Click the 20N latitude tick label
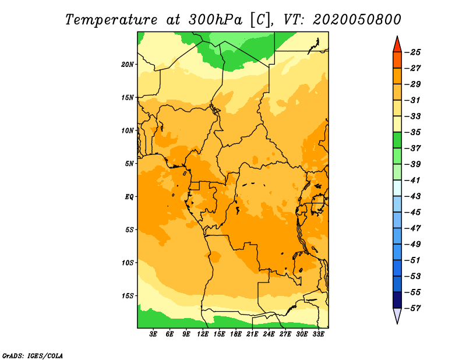(x=128, y=65)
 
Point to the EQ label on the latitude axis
(x=129, y=197)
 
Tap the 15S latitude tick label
(x=128, y=296)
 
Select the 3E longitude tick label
(x=153, y=334)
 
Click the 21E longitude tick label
(x=252, y=334)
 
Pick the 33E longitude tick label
(x=318, y=334)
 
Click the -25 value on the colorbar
(x=413, y=52)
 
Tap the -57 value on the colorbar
(x=413, y=308)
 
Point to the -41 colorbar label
(x=413, y=181)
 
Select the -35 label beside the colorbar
(x=413, y=132)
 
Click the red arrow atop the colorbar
(x=397, y=44)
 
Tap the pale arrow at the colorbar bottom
(x=397, y=316)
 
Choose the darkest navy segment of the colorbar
(x=397, y=300)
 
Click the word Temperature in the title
(x=111, y=20)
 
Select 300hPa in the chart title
(x=215, y=20)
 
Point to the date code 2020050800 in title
(x=357, y=20)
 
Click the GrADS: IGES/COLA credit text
(x=33, y=356)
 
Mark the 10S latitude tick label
(x=128, y=263)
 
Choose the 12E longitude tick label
(x=203, y=334)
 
